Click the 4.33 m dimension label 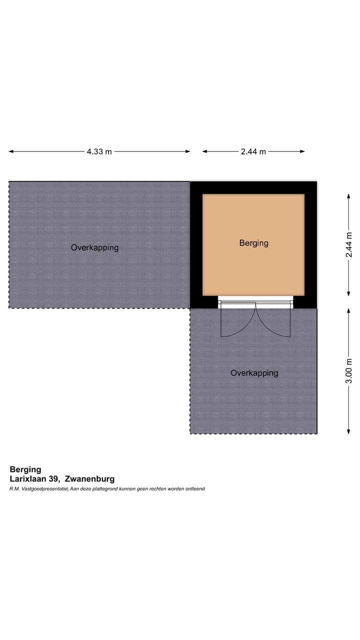click(99, 151)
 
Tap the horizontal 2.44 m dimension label click(253, 151)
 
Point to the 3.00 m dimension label click(349, 370)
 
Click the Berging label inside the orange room click(253, 243)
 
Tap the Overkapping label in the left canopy click(94, 247)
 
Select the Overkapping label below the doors click(254, 373)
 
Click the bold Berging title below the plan click(25, 469)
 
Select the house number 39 click(57, 479)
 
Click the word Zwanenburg click(93, 479)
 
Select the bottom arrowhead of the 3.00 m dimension click(349, 431)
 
